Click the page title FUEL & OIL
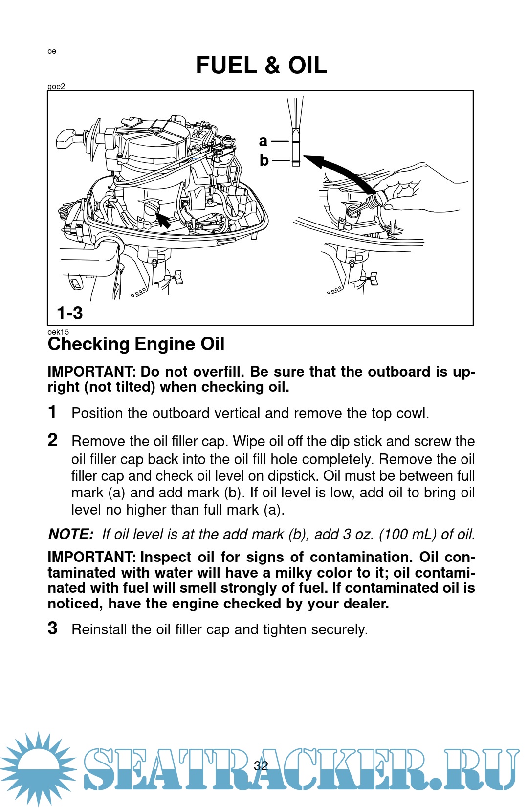[261, 66]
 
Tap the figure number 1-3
[70, 313]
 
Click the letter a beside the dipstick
[263, 141]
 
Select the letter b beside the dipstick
[264, 160]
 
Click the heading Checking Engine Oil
[136, 344]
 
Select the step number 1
[53, 412]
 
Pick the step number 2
[53, 440]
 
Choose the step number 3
[53, 628]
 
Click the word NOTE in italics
[70, 534]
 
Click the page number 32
[261, 765]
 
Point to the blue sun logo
[38, 768]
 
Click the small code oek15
[58, 332]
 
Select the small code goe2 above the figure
[56, 87]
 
